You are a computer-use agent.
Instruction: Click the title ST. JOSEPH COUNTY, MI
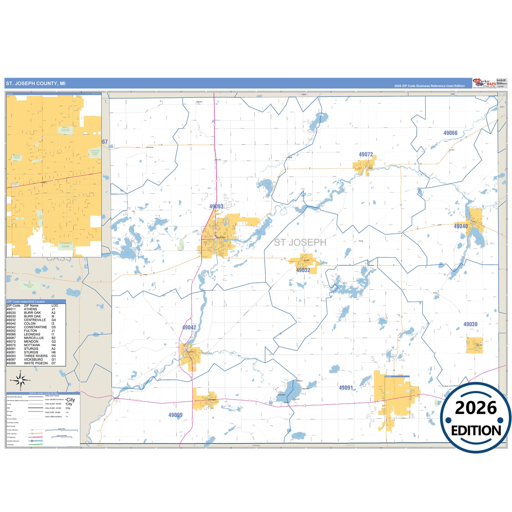(35, 84)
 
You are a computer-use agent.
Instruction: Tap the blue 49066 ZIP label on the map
(450, 133)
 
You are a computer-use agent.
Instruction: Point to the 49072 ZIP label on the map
(366, 154)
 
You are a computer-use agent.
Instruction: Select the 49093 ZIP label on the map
(216, 207)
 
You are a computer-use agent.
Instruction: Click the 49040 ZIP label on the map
(461, 226)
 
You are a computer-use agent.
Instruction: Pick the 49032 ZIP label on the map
(303, 270)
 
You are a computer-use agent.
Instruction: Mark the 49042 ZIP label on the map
(189, 327)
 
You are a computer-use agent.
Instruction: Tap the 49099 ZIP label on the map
(175, 415)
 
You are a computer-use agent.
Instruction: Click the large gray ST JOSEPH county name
(300, 242)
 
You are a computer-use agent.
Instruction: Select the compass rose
(21, 381)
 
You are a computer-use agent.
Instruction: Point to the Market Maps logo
(485, 83)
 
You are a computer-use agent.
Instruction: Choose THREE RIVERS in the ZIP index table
(36, 356)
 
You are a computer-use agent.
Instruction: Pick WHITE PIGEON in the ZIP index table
(36, 363)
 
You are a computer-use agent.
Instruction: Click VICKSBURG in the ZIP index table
(33, 360)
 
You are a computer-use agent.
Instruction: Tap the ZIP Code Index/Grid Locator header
(26, 302)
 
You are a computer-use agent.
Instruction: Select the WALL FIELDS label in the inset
(66, 129)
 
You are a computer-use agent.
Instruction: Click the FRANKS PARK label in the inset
(66, 245)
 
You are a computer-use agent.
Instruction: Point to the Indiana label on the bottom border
(256, 445)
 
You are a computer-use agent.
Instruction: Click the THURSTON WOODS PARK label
(95, 153)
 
